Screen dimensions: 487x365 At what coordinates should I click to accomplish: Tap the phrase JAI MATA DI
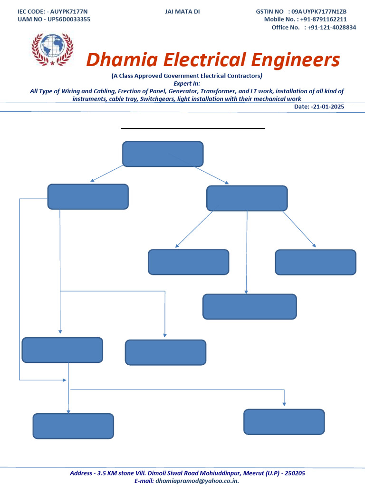point(182,11)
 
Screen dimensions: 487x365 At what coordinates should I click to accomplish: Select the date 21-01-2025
point(328,107)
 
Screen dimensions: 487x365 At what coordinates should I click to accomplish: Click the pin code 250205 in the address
point(293,473)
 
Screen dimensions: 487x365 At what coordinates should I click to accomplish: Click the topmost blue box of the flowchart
point(163,154)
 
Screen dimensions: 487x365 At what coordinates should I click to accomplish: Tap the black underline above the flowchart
point(192,128)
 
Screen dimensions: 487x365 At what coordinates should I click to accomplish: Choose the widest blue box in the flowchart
point(250,307)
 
